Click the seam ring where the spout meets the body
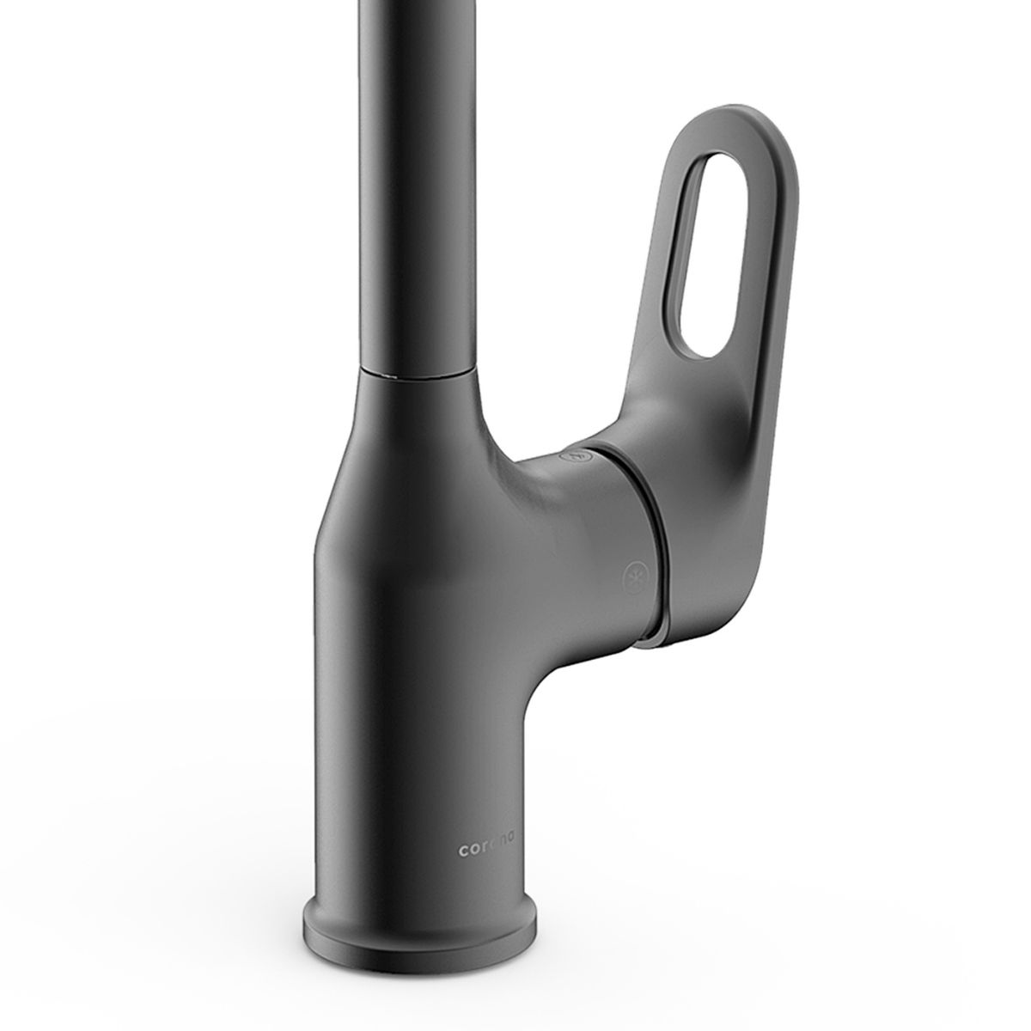coord(418,371)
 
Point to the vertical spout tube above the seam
coord(418,182)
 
